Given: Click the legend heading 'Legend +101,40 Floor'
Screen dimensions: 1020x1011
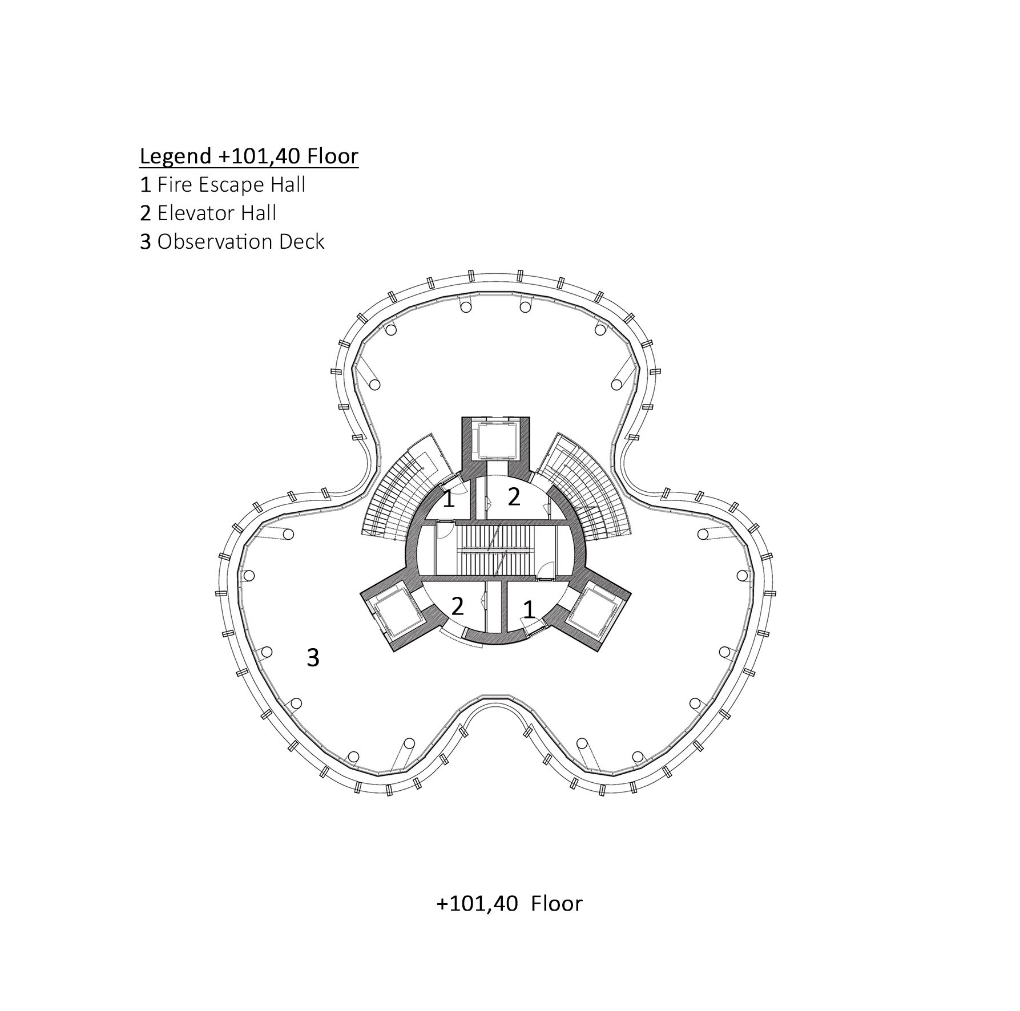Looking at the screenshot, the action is [x=249, y=156].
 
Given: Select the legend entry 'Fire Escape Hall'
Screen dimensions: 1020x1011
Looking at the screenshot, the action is [x=231, y=185].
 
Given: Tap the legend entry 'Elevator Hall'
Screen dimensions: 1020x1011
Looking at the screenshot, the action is [x=217, y=213].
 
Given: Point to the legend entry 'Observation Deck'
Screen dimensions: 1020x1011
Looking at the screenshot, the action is [x=241, y=242].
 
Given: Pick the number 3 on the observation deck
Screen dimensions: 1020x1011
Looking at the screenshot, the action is [x=313, y=658].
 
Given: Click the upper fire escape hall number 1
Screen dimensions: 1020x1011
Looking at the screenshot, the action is [x=449, y=499].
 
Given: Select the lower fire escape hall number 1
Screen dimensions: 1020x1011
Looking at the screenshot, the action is [x=529, y=610].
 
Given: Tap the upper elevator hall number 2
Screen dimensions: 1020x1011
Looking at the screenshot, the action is [x=514, y=497].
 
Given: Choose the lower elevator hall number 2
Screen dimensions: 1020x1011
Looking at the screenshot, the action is [x=457, y=606].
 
